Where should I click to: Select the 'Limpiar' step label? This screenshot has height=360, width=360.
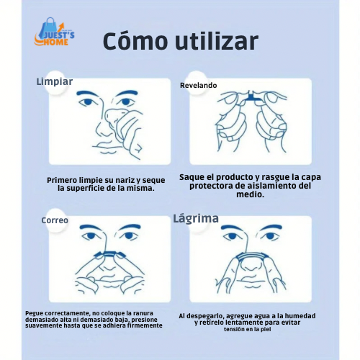click(x=54, y=81)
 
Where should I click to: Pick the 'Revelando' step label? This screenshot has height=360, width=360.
click(x=198, y=85)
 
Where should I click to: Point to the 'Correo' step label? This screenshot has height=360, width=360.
click(x=55, y=220)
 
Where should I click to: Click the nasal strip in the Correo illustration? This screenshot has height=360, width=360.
click(x=108, y=254)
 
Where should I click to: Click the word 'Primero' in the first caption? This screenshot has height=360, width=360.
click(x=62, y=179)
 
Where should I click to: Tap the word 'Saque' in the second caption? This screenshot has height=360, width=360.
click(x=194, y=176)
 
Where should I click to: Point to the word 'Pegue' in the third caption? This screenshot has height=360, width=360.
click(x=35, y=313)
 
